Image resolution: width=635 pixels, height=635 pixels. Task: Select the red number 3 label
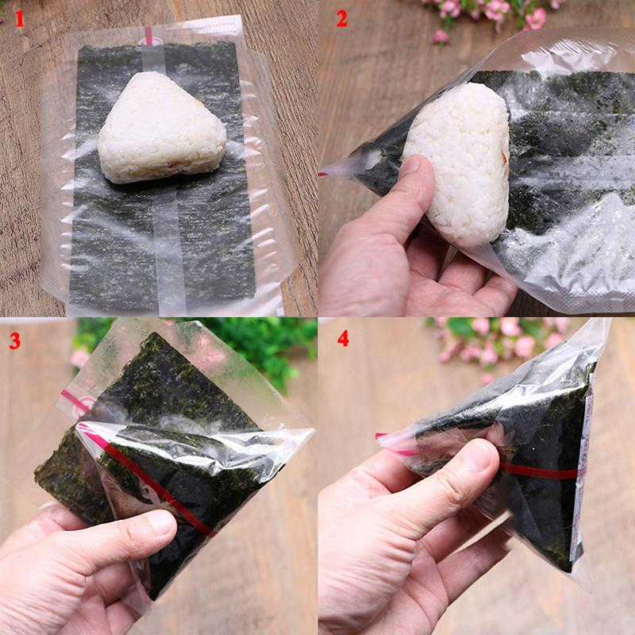[15, 341]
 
